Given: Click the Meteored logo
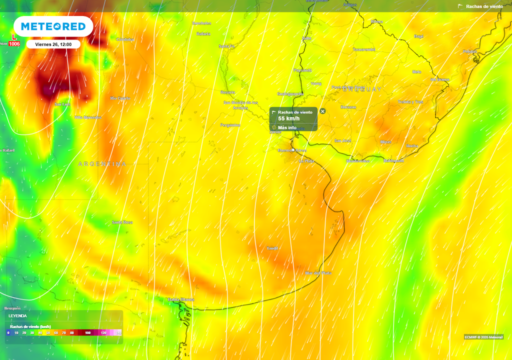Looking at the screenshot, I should click(x=53, y=26).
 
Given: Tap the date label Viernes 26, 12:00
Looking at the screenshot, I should click(x=53, y=44).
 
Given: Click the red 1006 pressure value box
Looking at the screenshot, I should click(x=14, y=44).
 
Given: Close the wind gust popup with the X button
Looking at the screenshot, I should click(x=322, y=111).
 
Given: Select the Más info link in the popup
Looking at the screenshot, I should click(x=287, y=127).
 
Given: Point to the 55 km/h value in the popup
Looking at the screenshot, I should click(x=288, y=118).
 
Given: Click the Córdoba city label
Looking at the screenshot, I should click(x=125, y=39).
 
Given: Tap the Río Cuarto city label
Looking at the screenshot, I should click(x=120, y=98).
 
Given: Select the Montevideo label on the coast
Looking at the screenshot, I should click(x=358, y=161).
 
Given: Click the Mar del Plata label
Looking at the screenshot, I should click(x=318, y=273).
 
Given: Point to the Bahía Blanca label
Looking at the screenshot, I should click(x=180, y=299).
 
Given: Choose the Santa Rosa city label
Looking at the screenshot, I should click(x=122, y=222).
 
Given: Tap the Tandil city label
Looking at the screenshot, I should click(x=272, y=248).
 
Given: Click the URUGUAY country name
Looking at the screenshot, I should click(x=362, y=89).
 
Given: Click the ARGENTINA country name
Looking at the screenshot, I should click(x=102, y=164).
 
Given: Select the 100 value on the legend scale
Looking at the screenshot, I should click(x=88, y=332).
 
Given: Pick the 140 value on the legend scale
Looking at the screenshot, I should click(x=118, y=332).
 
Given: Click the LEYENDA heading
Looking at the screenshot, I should click(x=18, y=316).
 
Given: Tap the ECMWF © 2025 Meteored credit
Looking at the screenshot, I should click(x=483, y=336).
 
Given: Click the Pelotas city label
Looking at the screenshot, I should click(x=469, y=51).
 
